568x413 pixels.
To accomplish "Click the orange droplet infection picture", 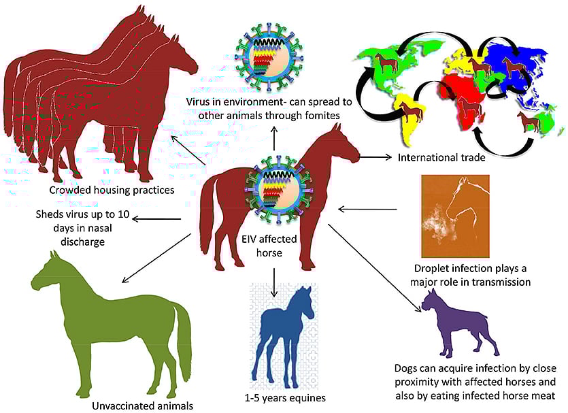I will (x=456, y=216).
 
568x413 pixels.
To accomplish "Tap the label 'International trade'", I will (x=431, y=158).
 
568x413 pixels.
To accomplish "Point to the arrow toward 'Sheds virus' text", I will (x=156, y=218).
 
